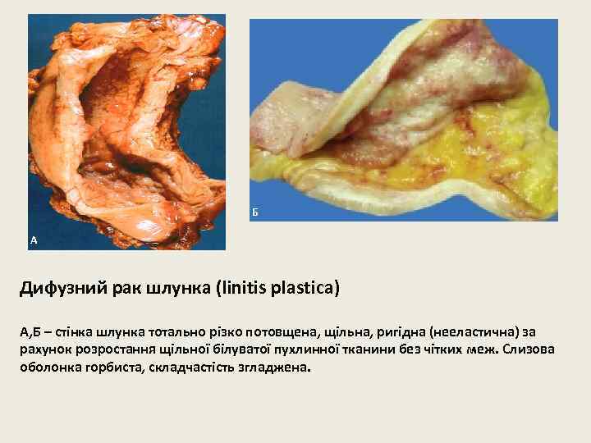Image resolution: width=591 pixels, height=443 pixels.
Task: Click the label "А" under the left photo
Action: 34,240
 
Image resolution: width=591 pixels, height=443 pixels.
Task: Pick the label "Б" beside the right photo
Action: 255,212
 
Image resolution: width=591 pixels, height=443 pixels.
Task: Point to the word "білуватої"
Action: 238,350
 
